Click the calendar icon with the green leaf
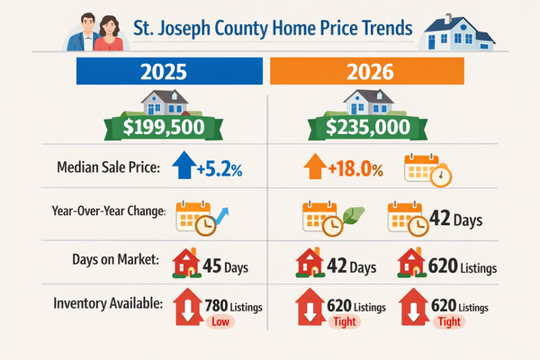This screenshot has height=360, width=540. click(x=320, y=217)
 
